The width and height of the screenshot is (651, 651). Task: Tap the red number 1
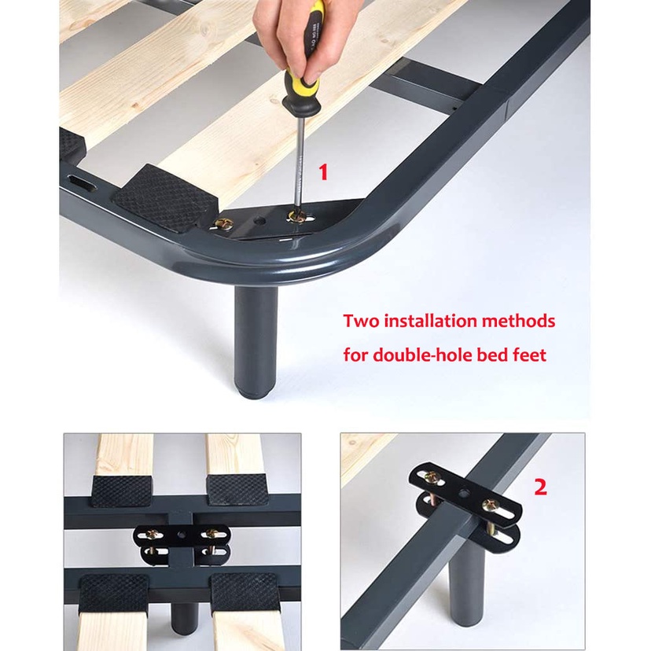(323, 172)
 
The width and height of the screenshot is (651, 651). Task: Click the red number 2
(540, 487)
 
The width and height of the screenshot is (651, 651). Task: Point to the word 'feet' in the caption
(529, 355)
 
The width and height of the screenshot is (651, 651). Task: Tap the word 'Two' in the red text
(360, 321)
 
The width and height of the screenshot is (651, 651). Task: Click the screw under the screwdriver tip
(298, 217)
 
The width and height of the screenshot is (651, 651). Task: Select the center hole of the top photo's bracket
(260, 221)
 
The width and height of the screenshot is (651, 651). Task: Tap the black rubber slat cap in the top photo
(166, 198)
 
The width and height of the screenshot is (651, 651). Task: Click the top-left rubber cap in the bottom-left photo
(122, 491)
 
